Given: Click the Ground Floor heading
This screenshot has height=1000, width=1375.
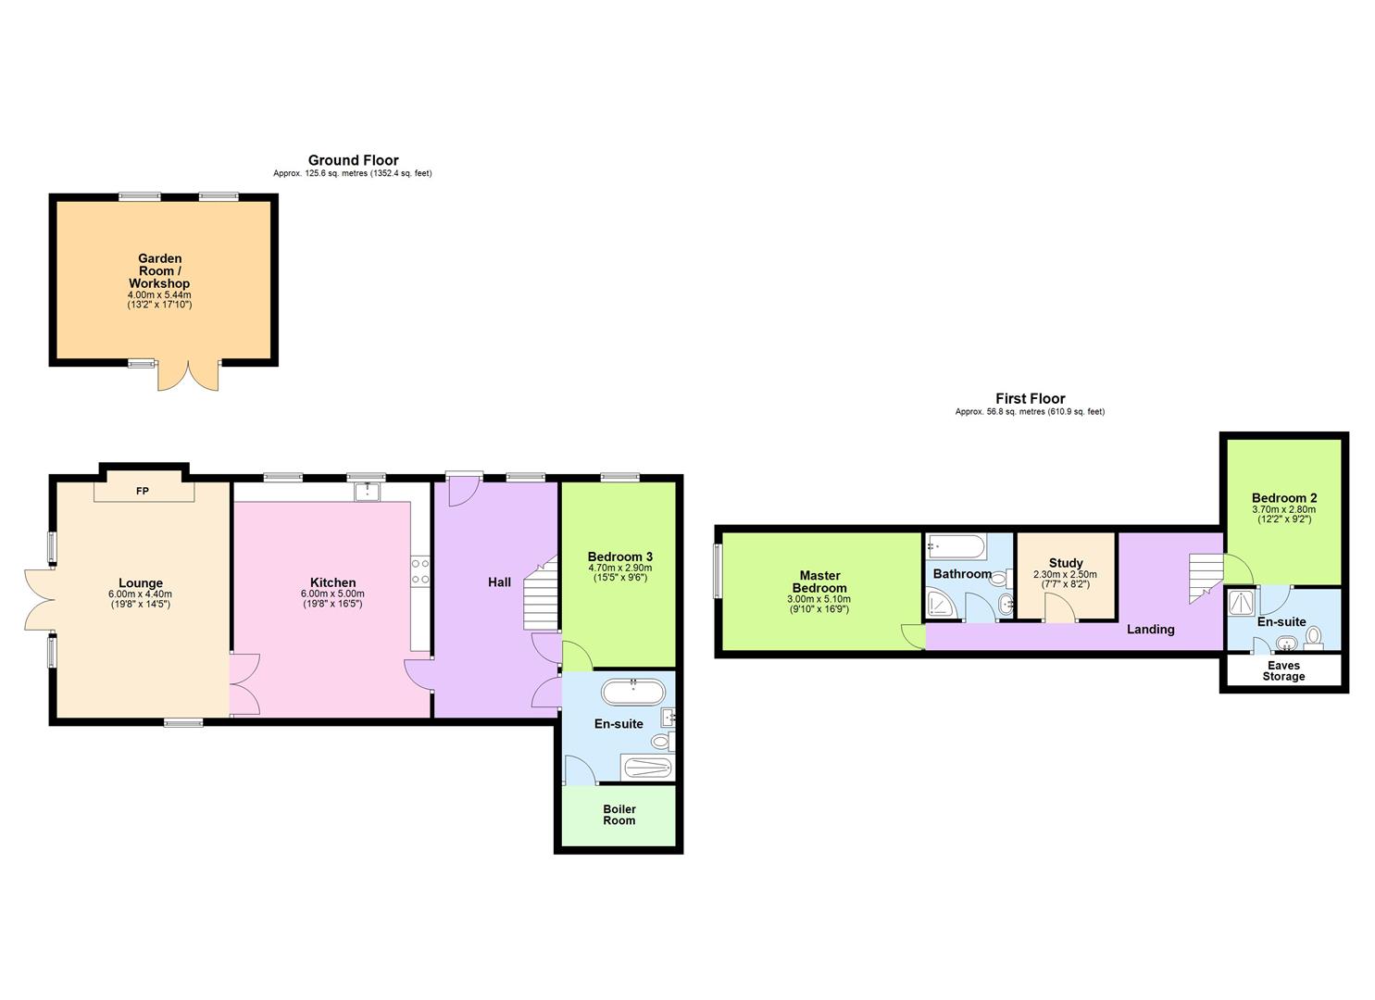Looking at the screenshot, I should coord(353,160).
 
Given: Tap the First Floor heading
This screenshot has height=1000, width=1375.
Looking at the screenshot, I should coord(1030,399).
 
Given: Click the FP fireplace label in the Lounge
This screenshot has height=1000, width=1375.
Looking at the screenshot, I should coord(143,491).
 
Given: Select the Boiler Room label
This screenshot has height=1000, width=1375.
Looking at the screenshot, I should coord(619,815).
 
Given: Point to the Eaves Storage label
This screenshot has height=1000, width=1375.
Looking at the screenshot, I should coord(1283,671).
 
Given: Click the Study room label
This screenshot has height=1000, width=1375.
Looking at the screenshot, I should coord(1066,563).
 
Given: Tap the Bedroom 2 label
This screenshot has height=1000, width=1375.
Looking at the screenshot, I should coord(1283,498).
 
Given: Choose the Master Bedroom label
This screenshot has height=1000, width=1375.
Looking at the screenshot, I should coord(819,581).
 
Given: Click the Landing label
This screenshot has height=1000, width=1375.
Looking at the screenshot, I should coord(1150,630).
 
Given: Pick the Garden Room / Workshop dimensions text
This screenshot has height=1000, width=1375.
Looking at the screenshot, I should coord(159,299).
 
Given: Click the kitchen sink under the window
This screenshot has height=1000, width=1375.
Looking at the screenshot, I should coord(368,490).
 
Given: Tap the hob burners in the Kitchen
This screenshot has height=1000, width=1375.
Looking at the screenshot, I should coord(420,571).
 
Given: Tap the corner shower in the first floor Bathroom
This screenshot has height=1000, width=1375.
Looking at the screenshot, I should coord(942,606).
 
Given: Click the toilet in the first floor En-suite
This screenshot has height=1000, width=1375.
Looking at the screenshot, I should coord(1314,636).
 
